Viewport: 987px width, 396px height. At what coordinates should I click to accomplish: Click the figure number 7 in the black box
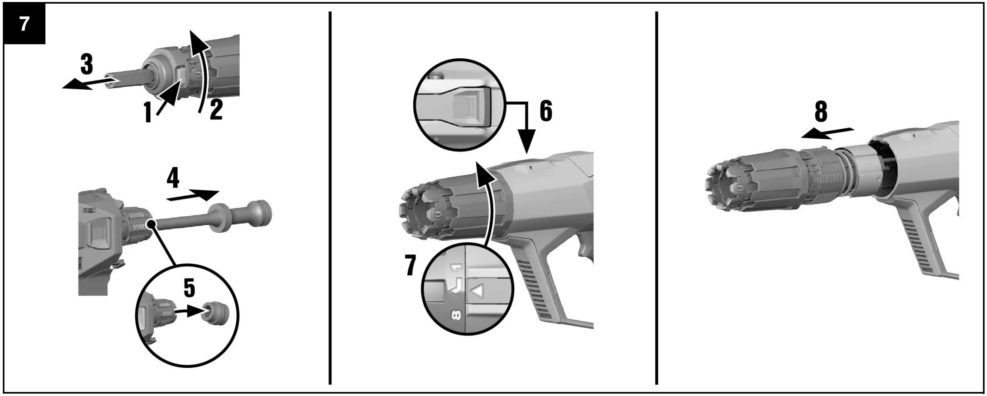(24, 24)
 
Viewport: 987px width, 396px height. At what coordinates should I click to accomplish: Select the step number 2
(216, 110)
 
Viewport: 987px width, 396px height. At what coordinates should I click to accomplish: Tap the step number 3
(87, 64)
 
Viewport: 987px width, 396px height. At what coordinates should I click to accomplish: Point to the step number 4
(173, 178)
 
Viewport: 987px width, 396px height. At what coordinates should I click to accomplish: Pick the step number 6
(546, 110)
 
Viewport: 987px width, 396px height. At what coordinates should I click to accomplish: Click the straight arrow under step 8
(827, 133)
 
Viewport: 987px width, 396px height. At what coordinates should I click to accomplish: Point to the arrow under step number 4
(193, 195)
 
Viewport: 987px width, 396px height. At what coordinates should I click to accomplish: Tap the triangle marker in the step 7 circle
(477, 291)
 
